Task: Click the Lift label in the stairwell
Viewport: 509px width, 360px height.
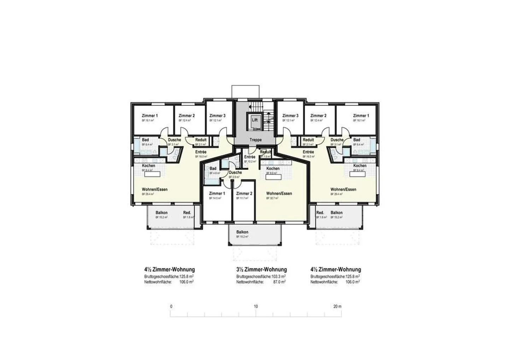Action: pos(255,120)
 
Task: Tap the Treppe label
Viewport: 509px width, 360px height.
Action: pos(256,140)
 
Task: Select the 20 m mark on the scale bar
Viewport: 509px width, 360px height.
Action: pos(337,307)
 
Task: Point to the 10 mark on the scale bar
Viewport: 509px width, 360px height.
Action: pos(256,307)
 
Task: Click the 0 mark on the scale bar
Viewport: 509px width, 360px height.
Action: pos(171,307)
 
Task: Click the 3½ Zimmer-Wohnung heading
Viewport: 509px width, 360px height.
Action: pos(261,270)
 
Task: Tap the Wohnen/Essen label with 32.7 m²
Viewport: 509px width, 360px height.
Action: pos(279,194)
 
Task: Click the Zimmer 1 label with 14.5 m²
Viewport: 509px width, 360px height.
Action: pos(217,193)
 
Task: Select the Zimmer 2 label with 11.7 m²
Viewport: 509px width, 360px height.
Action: pos(244,193)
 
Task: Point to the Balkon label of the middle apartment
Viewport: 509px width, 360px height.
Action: pos(242,232)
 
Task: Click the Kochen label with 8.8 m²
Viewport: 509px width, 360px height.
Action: pos(273,169)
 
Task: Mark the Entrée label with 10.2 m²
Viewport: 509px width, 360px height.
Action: pos(250,157)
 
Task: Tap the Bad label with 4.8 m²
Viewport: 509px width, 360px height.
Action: pos(213,169)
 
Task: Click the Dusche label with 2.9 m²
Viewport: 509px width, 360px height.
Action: pos(235,173)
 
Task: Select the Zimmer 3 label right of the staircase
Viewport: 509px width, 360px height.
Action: pos(290,116)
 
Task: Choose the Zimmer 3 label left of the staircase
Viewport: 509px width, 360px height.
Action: pos(217,116)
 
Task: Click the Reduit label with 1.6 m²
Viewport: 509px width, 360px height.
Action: pos(265,152)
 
